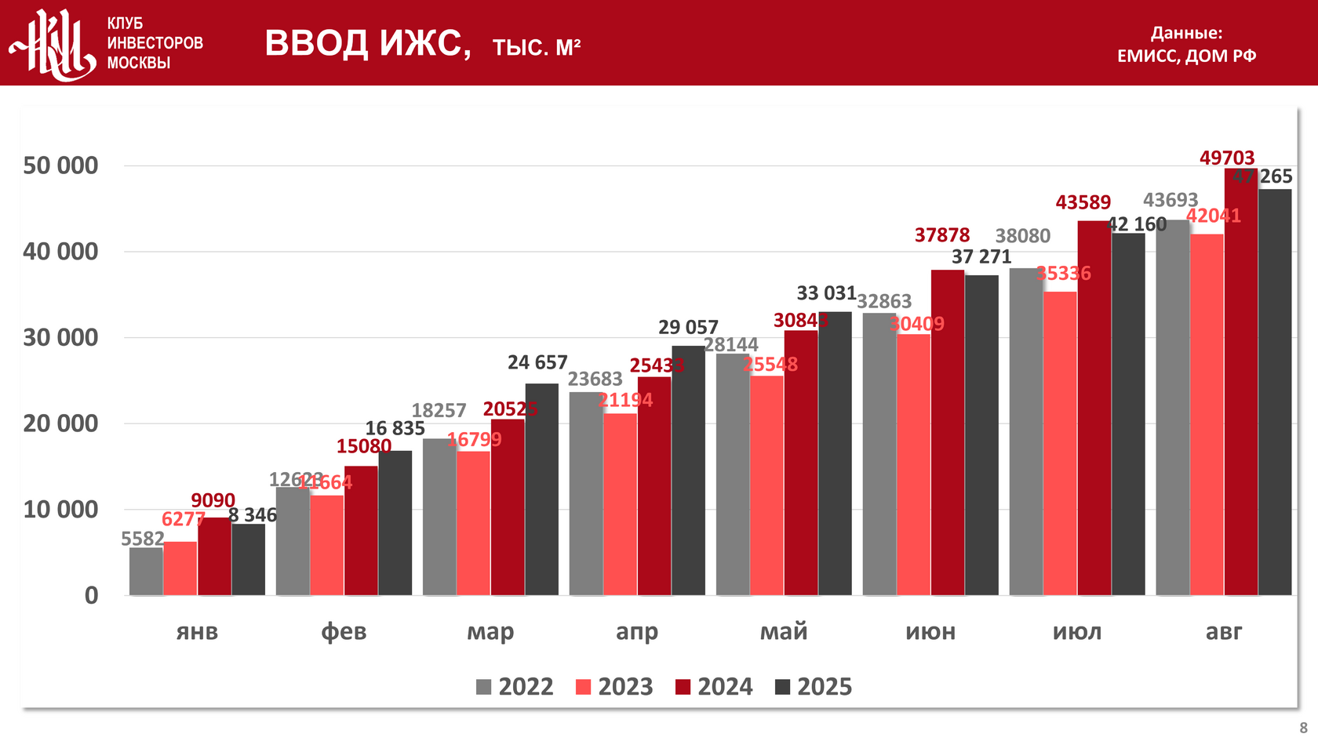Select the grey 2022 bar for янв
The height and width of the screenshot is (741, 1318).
[x=146, y=572]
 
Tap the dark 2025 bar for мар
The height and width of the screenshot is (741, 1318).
[x=541, y=489]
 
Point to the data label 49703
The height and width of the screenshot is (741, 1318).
[x=1227, y=158]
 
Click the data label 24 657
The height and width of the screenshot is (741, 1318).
[x=537, y=362]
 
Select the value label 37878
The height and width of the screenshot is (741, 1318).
[x=942, y=235]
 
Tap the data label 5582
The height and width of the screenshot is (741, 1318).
[x=143, y=539]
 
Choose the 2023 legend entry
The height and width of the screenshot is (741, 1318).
[x=614, y=687]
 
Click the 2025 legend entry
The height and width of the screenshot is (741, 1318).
[x=814, y=687]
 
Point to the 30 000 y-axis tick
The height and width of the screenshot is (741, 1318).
[x=61, y=337]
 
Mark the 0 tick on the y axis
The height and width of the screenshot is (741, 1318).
[x=92, y=595]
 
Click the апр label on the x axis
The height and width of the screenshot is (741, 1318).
[x=637, y=631]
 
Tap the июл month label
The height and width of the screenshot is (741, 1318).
[x=1077, y=631]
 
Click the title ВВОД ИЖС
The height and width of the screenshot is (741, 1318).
[x=367, y=43]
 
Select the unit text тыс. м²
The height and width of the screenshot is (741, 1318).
[x=537, y=48]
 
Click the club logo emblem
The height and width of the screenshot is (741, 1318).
[x=53, y=44]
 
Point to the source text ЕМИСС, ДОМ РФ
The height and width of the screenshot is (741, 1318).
[x=1186, y=56]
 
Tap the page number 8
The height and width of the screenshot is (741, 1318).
[x=1303, y=728]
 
